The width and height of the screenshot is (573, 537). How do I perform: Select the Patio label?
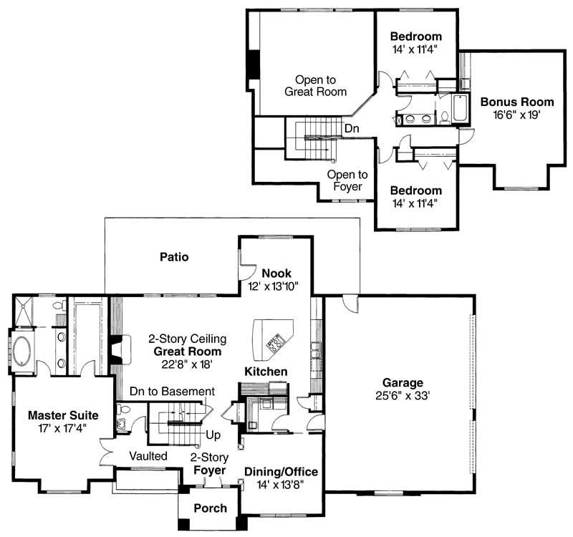(174, 257)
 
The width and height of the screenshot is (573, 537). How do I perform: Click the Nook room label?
(276, 274)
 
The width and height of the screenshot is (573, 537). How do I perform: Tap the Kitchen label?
(266, 372)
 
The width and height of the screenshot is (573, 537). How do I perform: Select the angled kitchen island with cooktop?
(274, 338)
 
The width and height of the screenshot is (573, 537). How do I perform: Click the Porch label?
(211, 508)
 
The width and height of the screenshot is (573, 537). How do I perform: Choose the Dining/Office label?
(281, 472)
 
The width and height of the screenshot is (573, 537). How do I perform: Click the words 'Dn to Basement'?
(172, 392)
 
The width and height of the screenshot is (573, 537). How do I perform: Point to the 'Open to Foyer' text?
(347, 180)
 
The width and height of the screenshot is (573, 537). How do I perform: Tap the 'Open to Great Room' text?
(315, 86)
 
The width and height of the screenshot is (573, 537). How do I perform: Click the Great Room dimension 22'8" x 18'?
(185, 364)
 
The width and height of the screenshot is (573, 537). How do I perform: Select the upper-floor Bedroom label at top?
(415, 37)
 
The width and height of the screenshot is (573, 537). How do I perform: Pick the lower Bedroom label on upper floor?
(415, 190)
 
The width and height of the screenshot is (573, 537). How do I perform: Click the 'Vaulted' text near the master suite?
(148, 455)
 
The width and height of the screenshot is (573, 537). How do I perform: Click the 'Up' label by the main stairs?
(213, 435)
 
